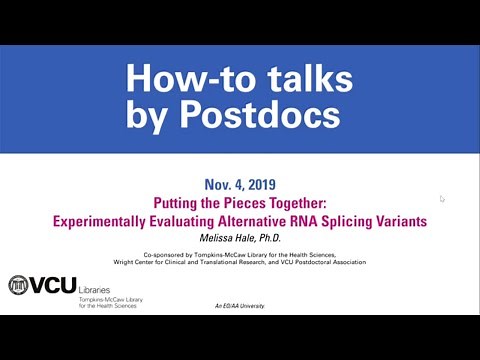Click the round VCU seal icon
coord(19,285)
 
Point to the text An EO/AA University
coord(240,304)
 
